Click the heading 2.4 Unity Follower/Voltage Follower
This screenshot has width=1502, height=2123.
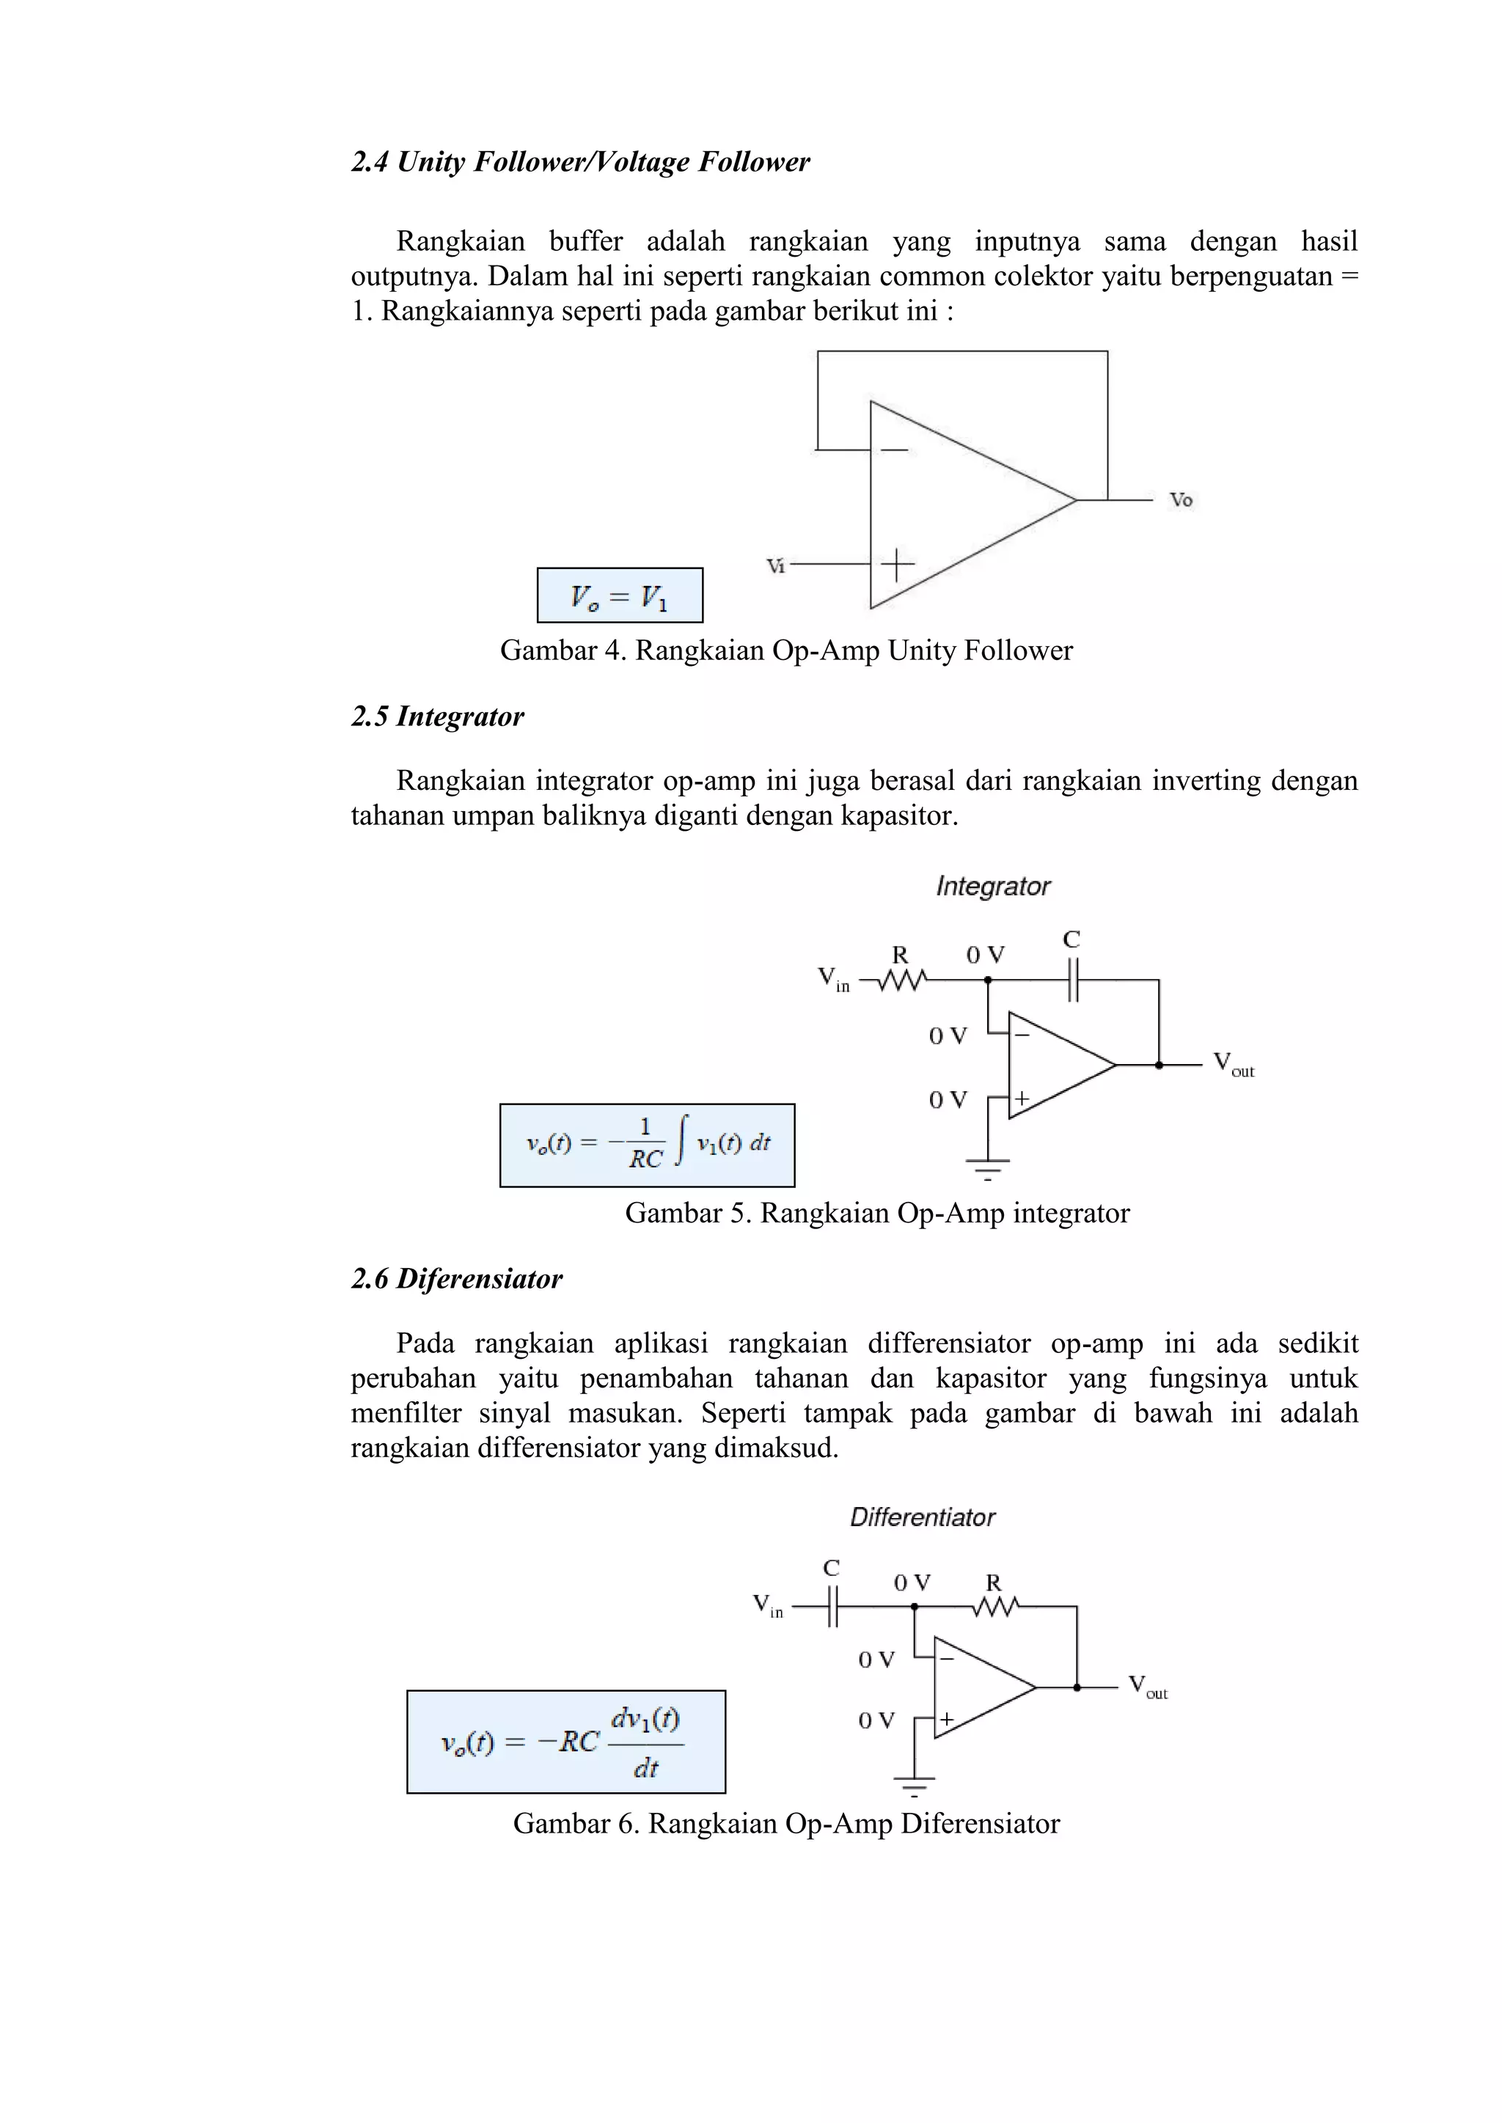coord(580,162)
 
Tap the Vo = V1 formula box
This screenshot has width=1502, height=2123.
coord(620,595)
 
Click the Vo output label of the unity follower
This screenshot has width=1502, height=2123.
coord(1181,500)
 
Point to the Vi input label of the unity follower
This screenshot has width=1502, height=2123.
coord(775,565)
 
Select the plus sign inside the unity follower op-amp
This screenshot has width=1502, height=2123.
coord(896,563)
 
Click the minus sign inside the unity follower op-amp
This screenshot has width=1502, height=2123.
coord(893,450)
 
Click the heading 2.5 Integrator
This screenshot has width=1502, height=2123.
coord(437,716)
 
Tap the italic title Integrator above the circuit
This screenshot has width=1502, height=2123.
coord(993,886)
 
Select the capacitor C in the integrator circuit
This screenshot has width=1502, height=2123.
coord(1072,979)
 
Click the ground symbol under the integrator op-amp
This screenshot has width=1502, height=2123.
coord(988,1167)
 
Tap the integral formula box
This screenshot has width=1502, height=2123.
coord(646,1145)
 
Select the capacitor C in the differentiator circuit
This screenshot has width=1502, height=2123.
coord(832,1607)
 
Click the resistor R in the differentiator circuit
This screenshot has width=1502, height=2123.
coord(994,1607)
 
